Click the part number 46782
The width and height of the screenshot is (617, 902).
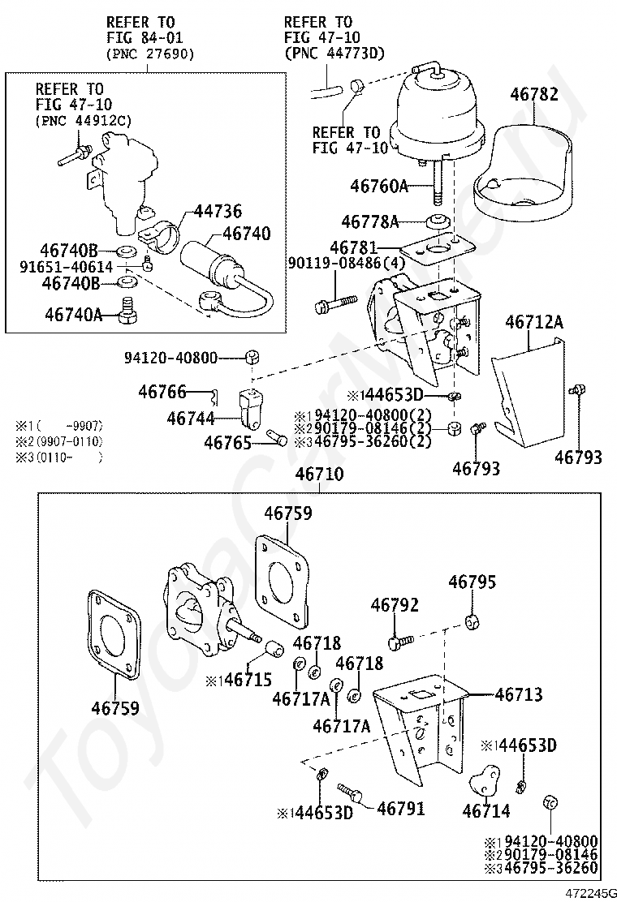(x=534, y=95)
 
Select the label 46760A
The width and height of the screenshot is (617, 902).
(x=379, y=186)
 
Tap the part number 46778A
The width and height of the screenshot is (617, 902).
(x=370, y=221)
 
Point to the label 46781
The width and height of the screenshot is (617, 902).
(x=354, y=245)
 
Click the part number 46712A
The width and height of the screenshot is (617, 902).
(x=534, y=323)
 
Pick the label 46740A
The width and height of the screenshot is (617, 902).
(x=74, y=314)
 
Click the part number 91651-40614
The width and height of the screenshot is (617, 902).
(x=75, y=266)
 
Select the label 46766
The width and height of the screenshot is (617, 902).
(x=162, y=392)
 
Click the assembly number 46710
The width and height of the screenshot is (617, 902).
(x=319, y=475)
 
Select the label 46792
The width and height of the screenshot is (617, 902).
(x=395, y=605)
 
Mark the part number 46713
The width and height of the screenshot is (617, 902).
(x=519, y=694)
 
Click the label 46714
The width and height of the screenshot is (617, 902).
(x=486, y=810)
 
